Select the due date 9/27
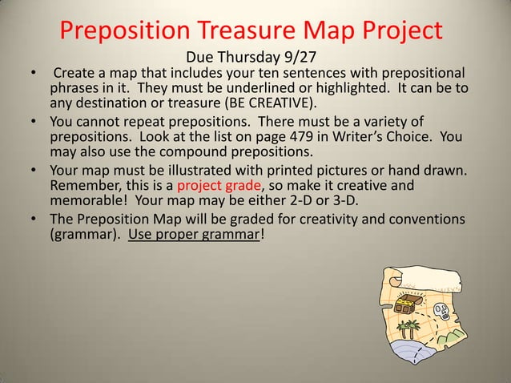[308, 58]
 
